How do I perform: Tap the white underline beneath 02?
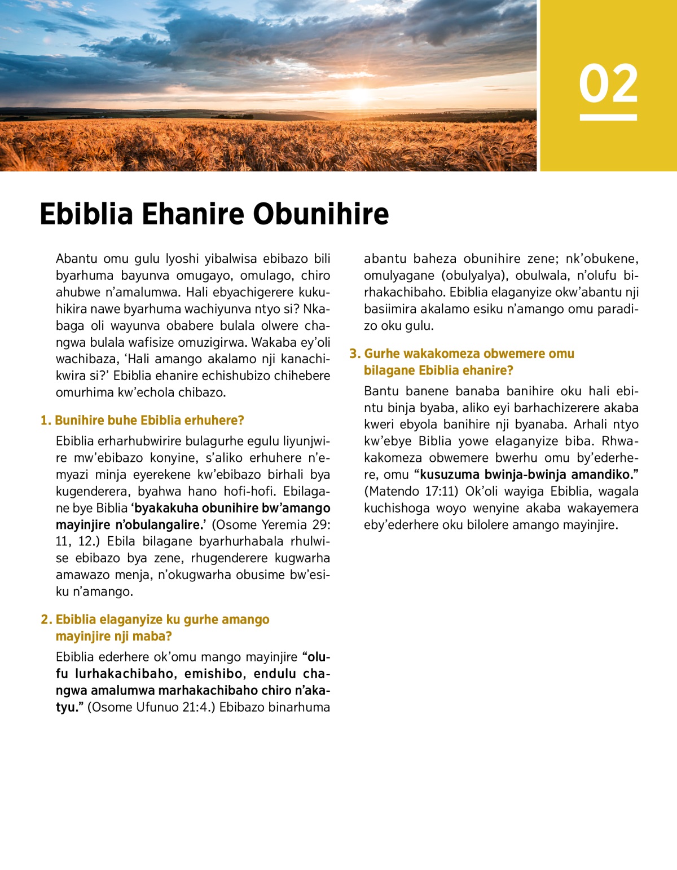pyautogui.click(x=608, y=117)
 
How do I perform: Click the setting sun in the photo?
pyautogui.click(x=359, y=95)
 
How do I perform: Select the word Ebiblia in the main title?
pyautogui.click(x=86, y=214)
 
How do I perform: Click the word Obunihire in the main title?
pyautogui.click(x=320, y=214)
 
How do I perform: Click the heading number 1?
pyautogui.click(x=45, y=421)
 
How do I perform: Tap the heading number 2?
pyautogui.click(x=46, y=620)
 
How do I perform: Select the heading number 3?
pyautogui.click(x=354, y=354)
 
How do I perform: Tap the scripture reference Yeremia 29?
pyautogui.click(x=296, y=525)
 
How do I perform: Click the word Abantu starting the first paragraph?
pyautogui.click(x=76, y=259)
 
